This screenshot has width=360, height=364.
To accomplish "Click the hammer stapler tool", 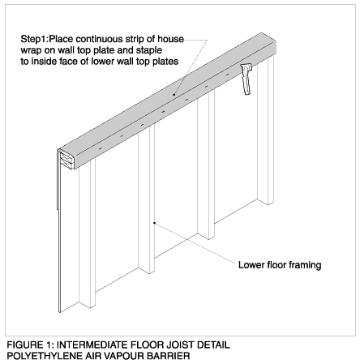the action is pos(246,79).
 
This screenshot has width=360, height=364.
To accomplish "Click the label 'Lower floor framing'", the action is pos(280,265).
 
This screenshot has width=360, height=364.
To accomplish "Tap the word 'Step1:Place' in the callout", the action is pos(47,39).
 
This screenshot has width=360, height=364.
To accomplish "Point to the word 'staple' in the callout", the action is pos(149,50).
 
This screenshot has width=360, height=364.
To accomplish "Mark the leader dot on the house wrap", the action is pos(174,95).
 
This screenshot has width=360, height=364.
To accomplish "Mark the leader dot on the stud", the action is pos(154,223).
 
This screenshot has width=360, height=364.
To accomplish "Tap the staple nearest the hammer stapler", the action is pos(227,75).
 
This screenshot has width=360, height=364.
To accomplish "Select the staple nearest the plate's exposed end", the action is pos(100,149).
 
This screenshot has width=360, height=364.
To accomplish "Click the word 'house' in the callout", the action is pos(170,39).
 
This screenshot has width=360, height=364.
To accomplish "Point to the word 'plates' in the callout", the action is pos(165,62).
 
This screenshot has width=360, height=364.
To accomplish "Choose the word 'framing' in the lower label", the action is pos(305,265).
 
